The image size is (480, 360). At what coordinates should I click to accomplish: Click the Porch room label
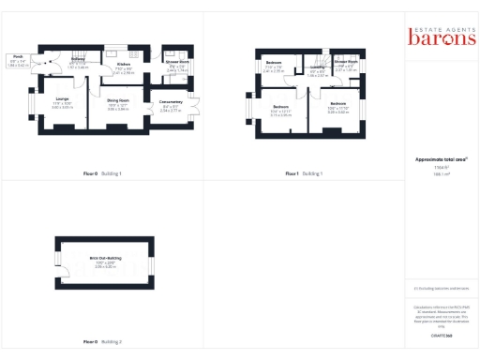pos(16,57)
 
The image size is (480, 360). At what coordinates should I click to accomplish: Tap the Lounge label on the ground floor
pos(62,98)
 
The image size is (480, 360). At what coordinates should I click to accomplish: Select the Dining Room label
pos(117,99)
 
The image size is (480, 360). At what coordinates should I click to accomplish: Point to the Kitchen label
pos(124,64)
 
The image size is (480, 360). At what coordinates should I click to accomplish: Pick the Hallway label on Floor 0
pos(80,58)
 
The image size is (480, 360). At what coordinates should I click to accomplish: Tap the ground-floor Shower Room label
pos(177,62)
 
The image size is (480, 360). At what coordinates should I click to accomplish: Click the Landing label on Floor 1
pos(318,67)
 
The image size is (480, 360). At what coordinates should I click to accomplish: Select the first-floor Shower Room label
pos(346,62)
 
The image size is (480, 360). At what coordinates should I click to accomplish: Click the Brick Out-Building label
pos(104,257)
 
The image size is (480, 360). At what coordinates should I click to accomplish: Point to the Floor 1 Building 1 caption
pos(304,173)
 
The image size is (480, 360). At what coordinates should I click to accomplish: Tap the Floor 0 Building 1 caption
pos(102,173)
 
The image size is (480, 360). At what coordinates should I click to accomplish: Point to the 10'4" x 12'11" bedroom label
pos(281,112)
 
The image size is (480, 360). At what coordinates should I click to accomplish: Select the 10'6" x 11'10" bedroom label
pos(337,108)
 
